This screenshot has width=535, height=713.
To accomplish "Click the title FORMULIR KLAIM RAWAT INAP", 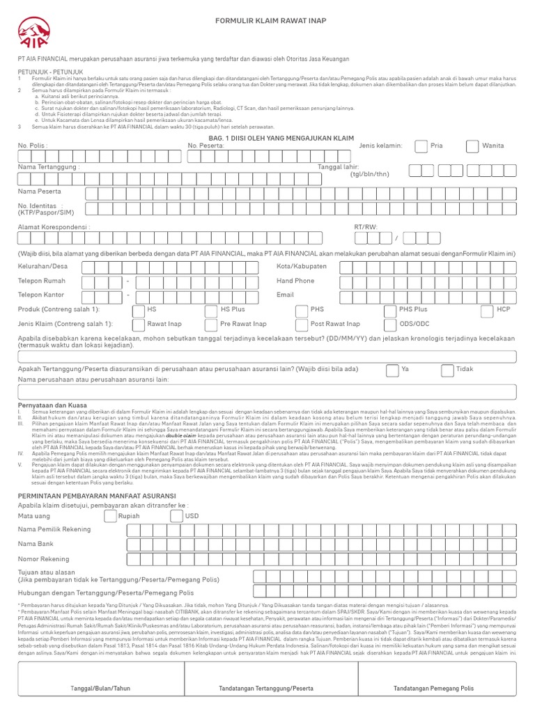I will pos(267,20).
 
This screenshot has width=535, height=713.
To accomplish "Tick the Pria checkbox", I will pos(420,146).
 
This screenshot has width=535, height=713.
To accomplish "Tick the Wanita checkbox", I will pos(472,146).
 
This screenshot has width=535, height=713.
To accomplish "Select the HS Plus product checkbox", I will pos(210,309).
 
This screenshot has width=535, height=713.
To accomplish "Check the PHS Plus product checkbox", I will pos(389,309).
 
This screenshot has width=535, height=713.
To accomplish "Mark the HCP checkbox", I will pos(487,309).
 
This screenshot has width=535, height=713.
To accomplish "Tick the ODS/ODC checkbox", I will pos(389,324).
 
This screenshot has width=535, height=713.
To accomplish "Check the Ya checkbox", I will pos(392,369).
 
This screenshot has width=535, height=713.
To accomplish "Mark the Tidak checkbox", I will pos(446,369).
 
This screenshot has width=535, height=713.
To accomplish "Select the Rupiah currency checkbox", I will pos(109,516).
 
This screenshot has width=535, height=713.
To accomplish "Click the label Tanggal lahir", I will pos(338,167).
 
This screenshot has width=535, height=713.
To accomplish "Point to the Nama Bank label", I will pos(36,543).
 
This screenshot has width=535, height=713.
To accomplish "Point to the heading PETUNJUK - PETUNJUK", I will pos(50,71).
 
